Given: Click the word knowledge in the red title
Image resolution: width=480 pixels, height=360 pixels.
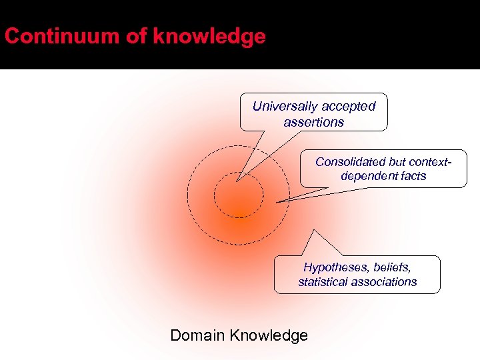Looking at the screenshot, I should pyautogui.click(x=209, y=36).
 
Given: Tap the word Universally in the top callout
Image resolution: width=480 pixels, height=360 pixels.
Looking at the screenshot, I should pyautogui.click(x=284, y=106).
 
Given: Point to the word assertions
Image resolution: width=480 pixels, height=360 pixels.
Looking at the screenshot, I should pyautogui.click(x=313, y=122).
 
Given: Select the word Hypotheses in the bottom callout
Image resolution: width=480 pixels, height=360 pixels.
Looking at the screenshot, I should pyautogui.click(x=334, y=267).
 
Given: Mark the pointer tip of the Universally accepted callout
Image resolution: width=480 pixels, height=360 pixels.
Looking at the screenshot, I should pyautogui.click(x=237, y=181).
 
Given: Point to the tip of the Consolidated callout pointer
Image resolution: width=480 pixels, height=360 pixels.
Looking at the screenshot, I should pyautogui.click(x=277, y=201).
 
